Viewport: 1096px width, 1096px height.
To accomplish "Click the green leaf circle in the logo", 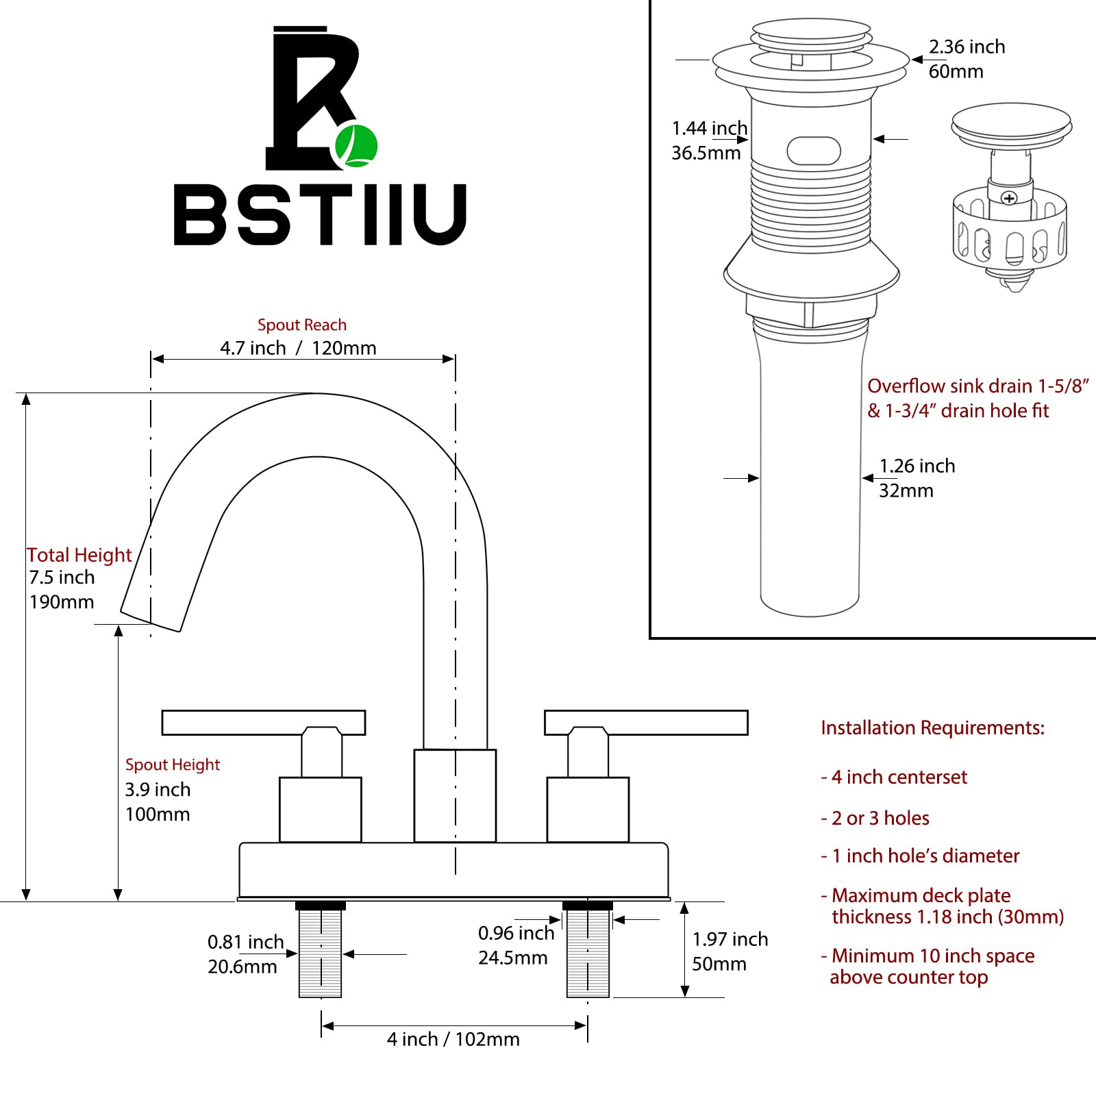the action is click(356, 146).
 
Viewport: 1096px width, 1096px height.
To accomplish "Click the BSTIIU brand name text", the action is click(321, 214).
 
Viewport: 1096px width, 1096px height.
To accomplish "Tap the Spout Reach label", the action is click(302, 325).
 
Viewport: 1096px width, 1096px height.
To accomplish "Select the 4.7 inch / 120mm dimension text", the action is click(298, 348).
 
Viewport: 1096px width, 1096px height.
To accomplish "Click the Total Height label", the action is click(79, 555).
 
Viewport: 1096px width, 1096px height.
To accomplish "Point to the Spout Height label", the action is click(173, 764).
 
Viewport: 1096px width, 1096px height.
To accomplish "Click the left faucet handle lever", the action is click(264, 723).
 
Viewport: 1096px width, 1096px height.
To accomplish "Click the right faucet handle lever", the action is click(646, 723).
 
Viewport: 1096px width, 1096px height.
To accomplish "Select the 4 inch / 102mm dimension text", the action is click(453, 1039).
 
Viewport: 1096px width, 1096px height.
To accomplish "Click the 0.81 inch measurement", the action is click(246, 942).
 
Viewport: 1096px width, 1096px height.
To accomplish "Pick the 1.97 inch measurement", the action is click(730, 939).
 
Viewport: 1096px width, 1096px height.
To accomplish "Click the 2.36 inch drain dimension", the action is click(967, 47).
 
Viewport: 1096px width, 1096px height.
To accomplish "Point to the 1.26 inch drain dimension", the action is click(917, 466).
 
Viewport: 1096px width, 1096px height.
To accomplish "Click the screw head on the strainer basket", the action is click(1009, 199).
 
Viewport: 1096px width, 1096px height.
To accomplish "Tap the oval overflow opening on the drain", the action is click(814, 151).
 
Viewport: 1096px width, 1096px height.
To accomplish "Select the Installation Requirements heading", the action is click(933, 727).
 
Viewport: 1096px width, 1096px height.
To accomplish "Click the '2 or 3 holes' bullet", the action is click(875, 818).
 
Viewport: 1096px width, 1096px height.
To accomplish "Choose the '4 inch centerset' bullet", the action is click(894, 777).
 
